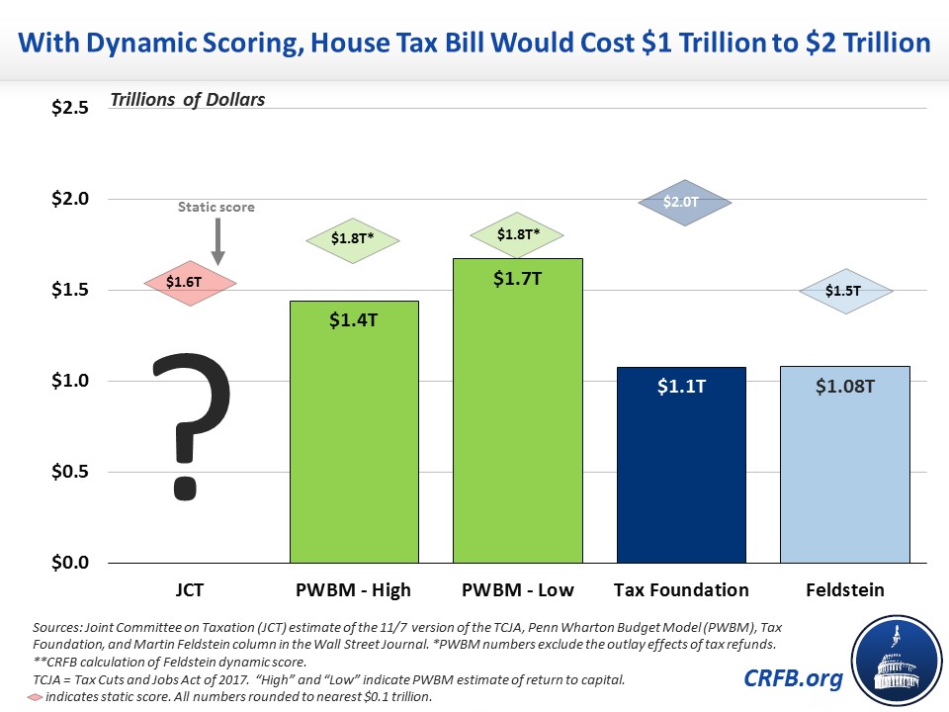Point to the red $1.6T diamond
[x=190, y=283]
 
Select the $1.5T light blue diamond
[x=845, y=291]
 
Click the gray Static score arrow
[x=217, y=243]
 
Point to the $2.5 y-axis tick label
[x=69, y=108]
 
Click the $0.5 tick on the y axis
[x=69, y=472]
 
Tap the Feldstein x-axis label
[x=845, y=590]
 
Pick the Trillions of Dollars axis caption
[x=188, y=100]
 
